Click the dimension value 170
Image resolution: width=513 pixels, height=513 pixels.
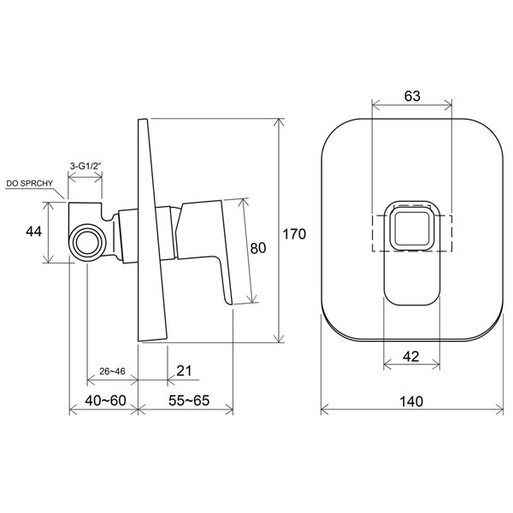[x=294, y=234]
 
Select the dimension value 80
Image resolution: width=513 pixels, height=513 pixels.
[x=258, y=248]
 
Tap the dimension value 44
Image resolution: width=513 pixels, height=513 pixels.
[x=33, y=232]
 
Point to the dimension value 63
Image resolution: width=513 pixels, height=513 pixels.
[x=412, y=96]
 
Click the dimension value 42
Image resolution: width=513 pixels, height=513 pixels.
[x=411, y=357]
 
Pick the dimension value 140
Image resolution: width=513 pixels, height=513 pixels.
[x=411, y=401]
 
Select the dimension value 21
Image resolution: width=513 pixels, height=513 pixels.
[x=184, y=371]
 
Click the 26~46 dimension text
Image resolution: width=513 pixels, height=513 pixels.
[x=112, y=371]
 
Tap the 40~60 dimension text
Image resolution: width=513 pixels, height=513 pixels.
[x=105, y=400]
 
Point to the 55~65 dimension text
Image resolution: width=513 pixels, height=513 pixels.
[x=189, y=400]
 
